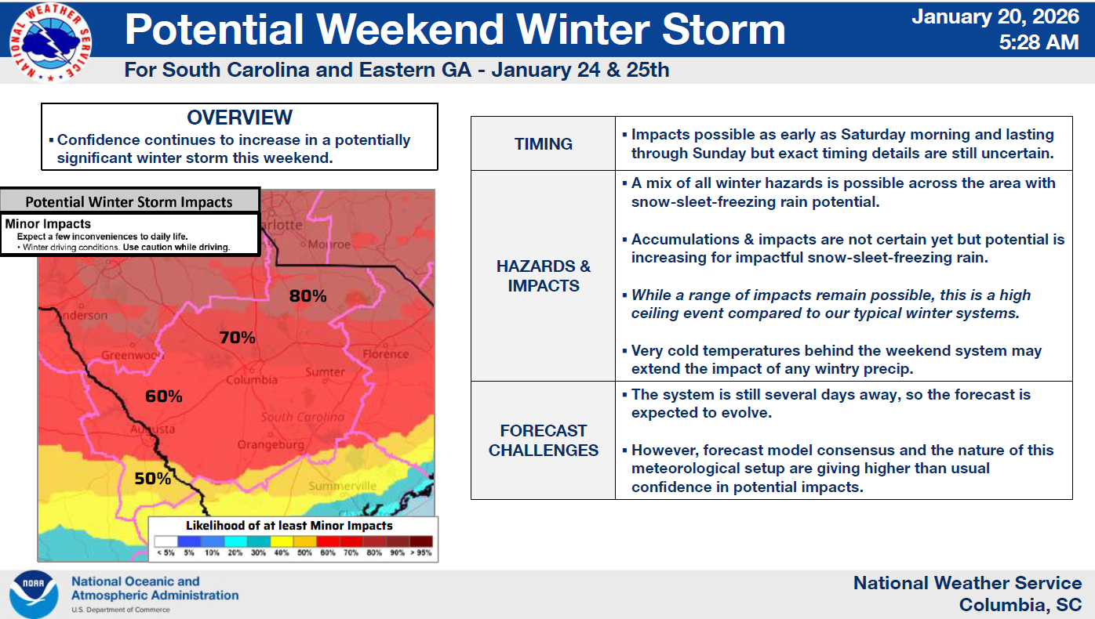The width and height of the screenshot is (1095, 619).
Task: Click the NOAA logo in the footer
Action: coord(33,595)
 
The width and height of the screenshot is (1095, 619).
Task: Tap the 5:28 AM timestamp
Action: coord(1040,42)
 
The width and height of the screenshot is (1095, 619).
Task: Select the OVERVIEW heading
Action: coord(239,118)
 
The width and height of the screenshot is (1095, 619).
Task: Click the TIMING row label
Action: coord(543,144)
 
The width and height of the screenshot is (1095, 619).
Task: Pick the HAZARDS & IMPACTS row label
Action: coord(543,276)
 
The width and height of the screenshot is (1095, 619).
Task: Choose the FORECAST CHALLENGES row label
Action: coord(543,440)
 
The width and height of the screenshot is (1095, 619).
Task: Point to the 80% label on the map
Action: coord(307,296)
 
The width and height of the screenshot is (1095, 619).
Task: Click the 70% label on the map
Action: coord(237,338)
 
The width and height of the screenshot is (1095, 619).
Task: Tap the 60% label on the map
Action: coord(163,396)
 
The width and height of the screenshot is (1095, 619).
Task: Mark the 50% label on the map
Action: coord(152,478)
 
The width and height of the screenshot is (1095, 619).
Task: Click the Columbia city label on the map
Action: coord(252,380)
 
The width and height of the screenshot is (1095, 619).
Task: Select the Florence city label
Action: coord(385,354)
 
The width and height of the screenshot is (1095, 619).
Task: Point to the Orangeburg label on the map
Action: coord(271,445)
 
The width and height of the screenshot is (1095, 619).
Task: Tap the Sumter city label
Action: coord(325,372)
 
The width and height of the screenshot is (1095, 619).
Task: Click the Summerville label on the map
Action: coord(342,487)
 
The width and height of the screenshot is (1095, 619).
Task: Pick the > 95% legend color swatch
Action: coord(420,541)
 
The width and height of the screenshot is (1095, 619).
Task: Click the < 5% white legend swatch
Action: coord(166,541)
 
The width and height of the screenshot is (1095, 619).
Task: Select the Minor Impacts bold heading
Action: coord(48,224)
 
